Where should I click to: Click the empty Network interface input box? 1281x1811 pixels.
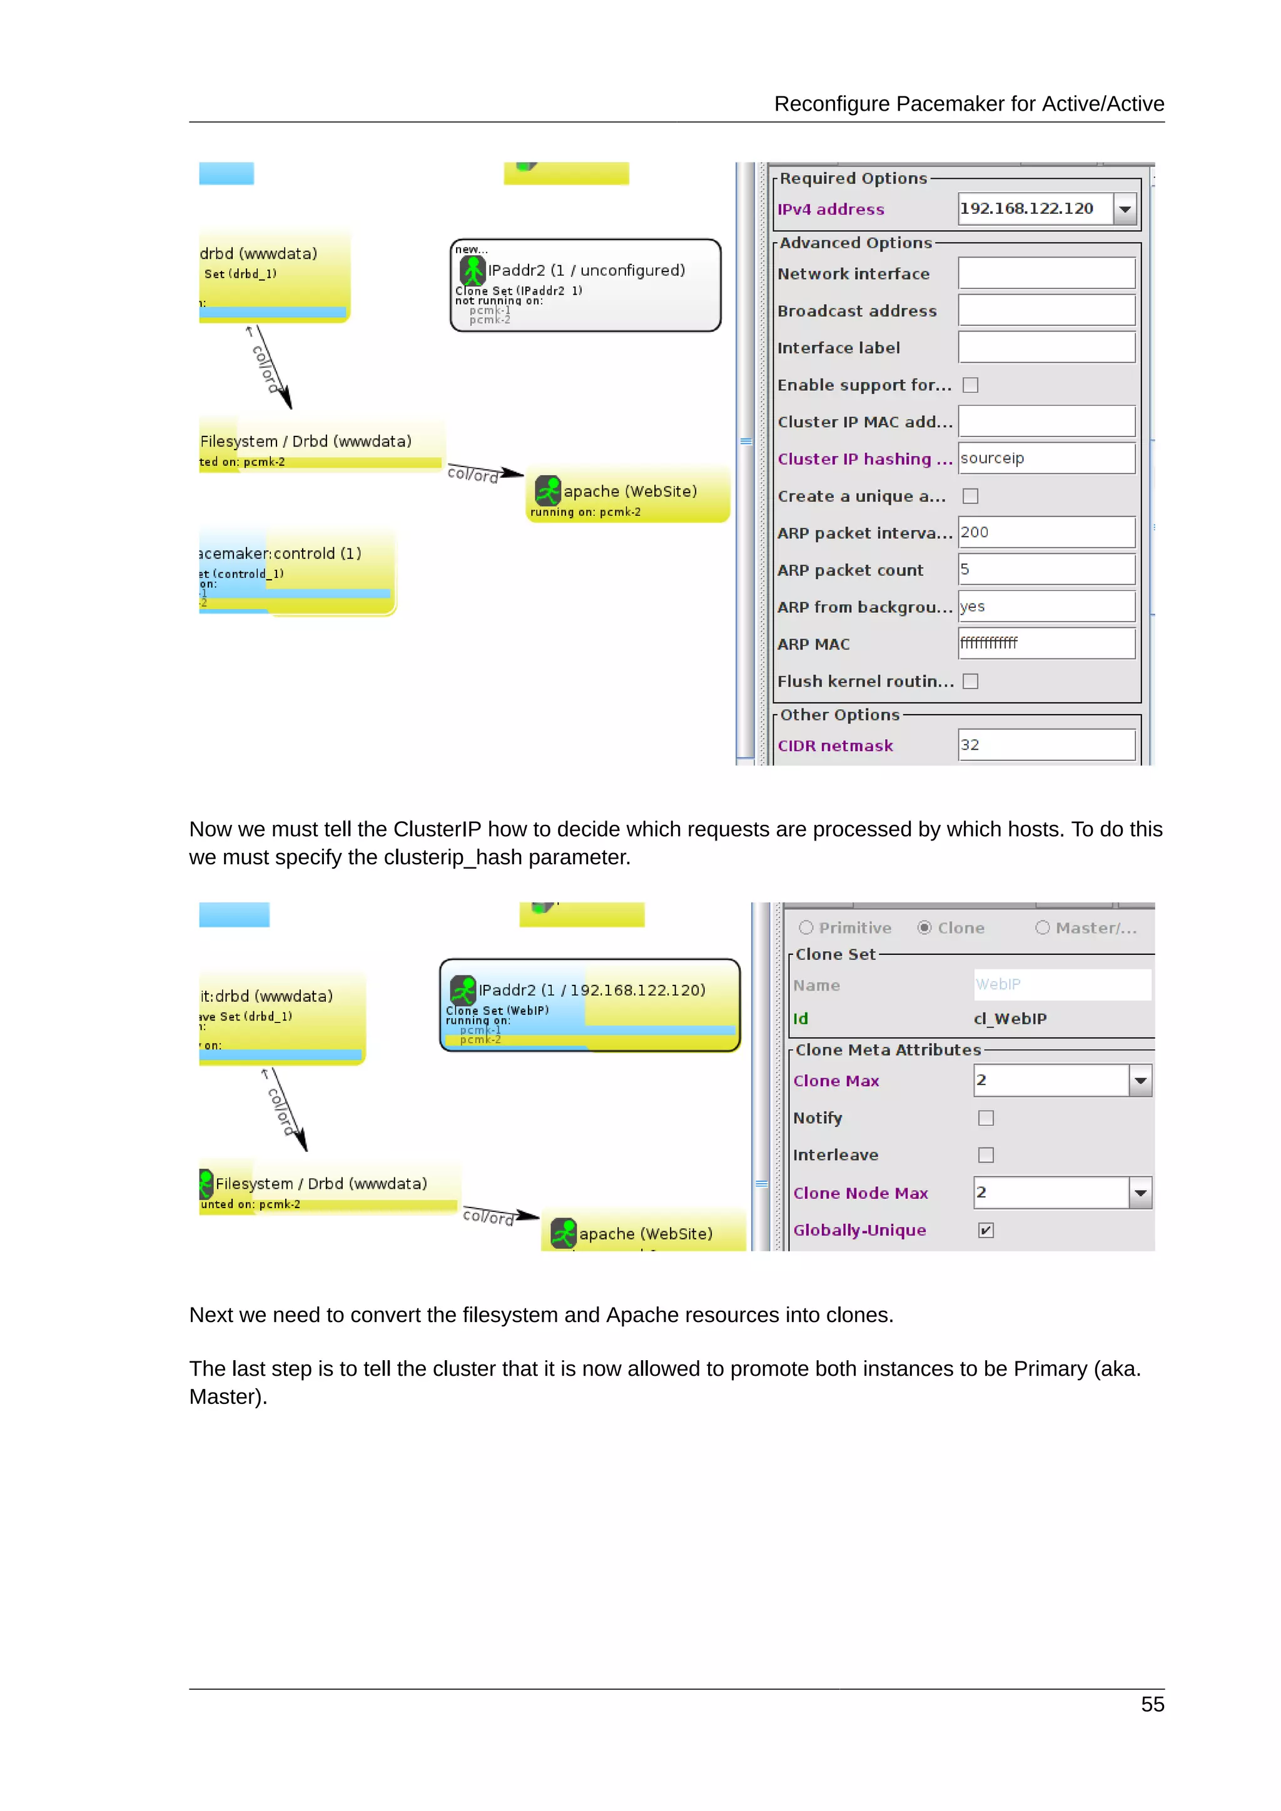[1046, 274]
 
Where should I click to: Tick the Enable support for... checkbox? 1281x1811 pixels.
[970, 385]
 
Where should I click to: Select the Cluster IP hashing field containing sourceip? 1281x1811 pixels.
[1046, 458]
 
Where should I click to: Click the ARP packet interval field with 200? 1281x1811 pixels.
[1046, 532]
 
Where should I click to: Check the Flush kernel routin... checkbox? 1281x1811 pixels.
[970, 682]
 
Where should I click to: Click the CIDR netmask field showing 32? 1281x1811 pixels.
[1046, 745]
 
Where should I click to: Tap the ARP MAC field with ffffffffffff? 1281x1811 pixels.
[1046, 643]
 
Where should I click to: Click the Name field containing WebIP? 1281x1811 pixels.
[1061, 984]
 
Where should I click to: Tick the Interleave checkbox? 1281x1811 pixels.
[985, 1155]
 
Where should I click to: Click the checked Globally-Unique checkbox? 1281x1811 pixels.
[985, 1231]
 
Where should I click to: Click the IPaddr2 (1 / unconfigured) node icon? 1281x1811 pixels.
[472, 271]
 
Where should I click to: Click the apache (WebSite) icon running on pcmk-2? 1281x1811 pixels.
[547, 491]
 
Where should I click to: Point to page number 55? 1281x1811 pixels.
[1152, 1705]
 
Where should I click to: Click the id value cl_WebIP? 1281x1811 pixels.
[1010, 1019]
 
